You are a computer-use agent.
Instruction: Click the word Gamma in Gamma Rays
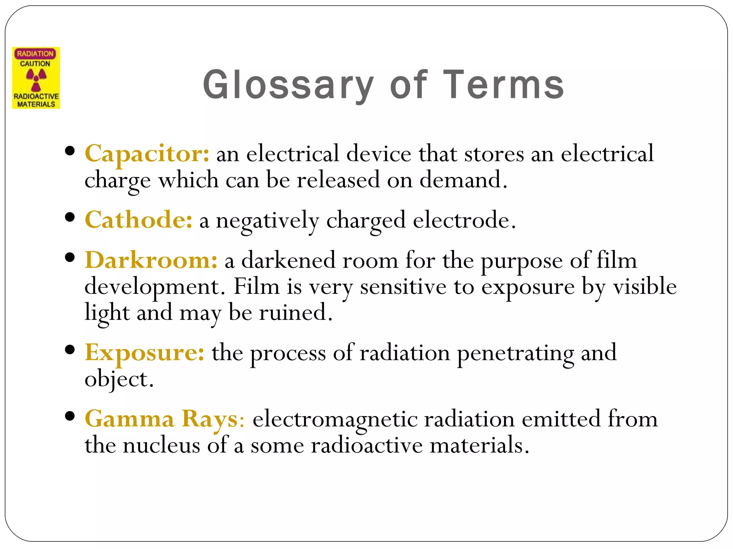[129, 419]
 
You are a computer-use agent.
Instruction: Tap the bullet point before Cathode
[70, 217]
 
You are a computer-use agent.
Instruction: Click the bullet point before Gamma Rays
[70, 416]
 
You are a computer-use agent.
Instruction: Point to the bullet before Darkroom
[70, 257]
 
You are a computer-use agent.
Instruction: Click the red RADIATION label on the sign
[35, 54]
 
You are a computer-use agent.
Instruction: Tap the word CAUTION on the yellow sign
[35, 64]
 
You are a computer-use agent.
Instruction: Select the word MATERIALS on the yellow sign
[36, 104]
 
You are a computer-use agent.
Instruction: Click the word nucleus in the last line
[161, 446]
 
